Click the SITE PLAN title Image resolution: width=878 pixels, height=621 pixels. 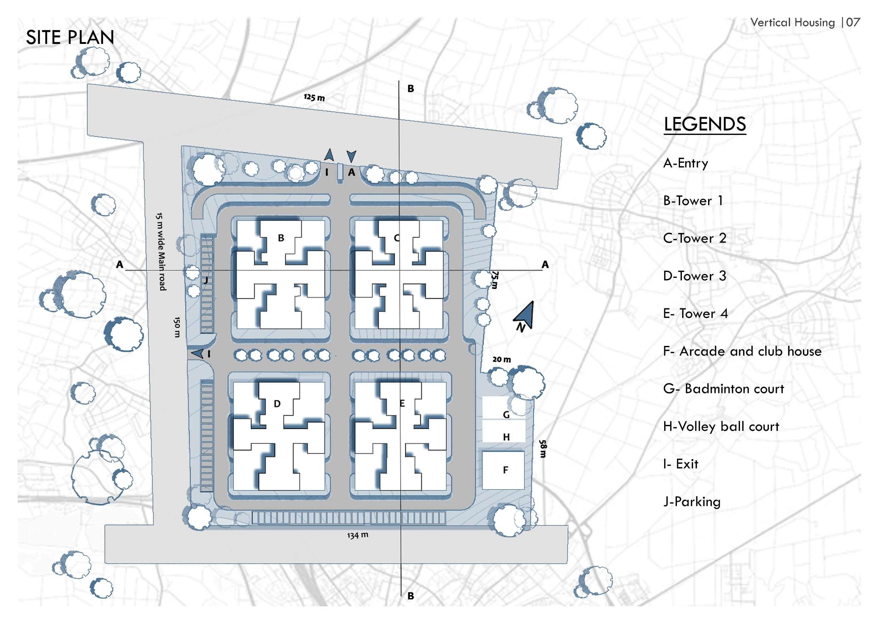[x=70, y=38]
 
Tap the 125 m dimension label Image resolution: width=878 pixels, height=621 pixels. [x=314, y=97]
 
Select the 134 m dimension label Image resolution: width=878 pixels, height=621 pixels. [x=358, y=535]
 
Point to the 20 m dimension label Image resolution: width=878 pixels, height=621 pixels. [x=501, y=359]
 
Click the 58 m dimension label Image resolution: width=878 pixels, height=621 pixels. [x=543, y=449]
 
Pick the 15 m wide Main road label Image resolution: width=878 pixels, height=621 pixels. [x=161, y=251]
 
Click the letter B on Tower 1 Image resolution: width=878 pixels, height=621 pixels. [x=281, y=238]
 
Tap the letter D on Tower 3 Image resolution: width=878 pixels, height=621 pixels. [x=277, y=404]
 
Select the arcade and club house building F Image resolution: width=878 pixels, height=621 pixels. [x=503, y=470]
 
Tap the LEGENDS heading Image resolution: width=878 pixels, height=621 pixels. [x=705, y=124]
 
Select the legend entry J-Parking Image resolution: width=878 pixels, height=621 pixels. [x=692, y=501]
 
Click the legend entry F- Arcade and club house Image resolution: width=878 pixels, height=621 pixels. [x=742, y=351]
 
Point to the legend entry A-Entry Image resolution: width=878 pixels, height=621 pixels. [x=685, y=163]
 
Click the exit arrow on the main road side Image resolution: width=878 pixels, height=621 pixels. [x=197, y=354]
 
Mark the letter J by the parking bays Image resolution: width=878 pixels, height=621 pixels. [x=206, y=280]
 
